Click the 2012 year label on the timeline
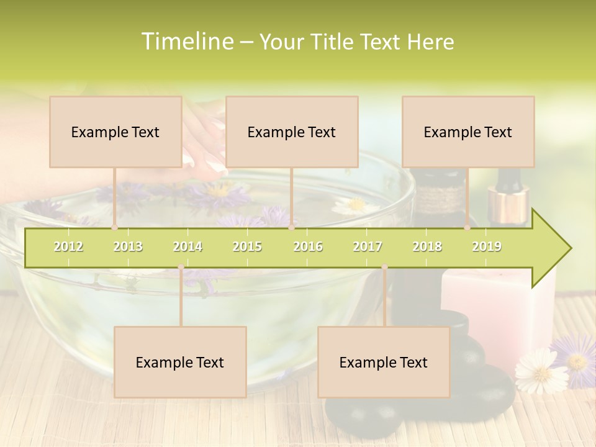click(68, 246)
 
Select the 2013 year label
click(128, 246)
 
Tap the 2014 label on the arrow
click(187, 246)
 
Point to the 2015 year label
click(247, 246)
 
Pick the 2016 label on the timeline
click(308, 246)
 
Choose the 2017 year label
click(368, 246)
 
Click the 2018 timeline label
click(427, 246)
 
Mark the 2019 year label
click(487, 246)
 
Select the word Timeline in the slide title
click(187, 42)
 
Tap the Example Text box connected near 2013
click(115, 132)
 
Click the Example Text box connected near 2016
click(292, 132)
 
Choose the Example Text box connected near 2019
click(468, 132)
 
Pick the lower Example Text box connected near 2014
click(180, 362)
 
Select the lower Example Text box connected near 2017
click(384, 362)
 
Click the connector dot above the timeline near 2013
click(114, 228)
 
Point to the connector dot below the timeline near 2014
click(181, 268)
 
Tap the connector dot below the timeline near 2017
click(384, 268)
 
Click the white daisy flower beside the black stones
click(541, 371)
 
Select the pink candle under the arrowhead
click(497, 310)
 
